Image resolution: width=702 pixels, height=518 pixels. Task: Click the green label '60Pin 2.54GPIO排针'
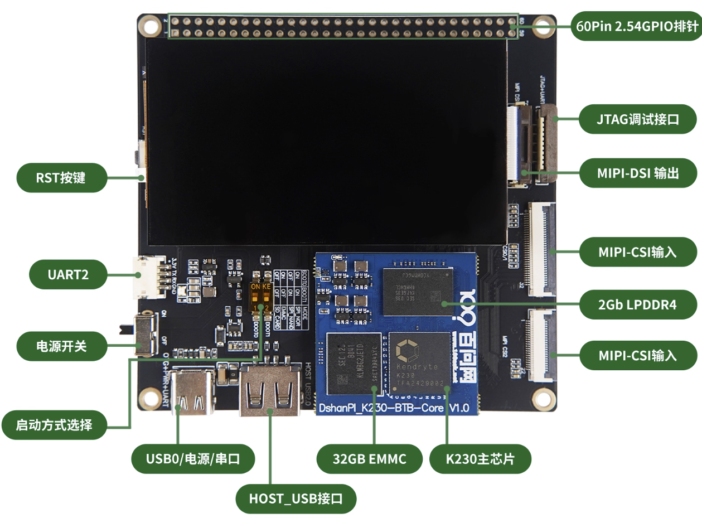click(636, 26)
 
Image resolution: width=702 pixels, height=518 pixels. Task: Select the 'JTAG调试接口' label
click(638, 119)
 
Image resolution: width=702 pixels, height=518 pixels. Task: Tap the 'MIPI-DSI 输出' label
click(638, 173)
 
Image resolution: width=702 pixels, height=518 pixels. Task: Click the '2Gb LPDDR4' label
click(638, 304)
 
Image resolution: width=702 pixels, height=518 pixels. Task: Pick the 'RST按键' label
click(61, 178)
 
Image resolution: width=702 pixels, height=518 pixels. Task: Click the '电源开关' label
click(61, 346)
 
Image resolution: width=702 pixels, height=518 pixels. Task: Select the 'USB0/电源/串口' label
click(193, 459)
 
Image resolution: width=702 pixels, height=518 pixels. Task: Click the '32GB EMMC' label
click(370, 459)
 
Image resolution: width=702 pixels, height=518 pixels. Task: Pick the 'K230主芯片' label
click(480, 459)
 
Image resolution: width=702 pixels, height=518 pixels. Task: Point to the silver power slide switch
click(146, 334)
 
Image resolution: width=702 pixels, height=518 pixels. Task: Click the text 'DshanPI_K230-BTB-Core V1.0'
click(393, 409)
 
